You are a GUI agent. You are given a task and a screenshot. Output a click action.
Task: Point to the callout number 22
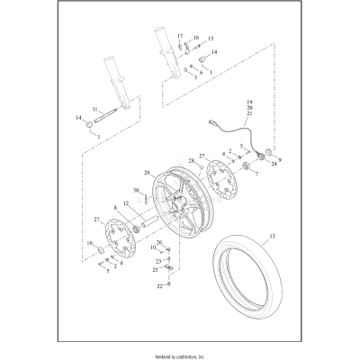tap(158, 286)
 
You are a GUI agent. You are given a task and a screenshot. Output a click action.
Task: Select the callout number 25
tap(155, 268)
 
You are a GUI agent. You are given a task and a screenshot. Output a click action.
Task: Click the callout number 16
tap(89, 243)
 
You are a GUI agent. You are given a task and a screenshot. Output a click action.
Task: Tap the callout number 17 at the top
tap(179, 34)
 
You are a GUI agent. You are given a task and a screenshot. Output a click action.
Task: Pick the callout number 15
tap(211, 40)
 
